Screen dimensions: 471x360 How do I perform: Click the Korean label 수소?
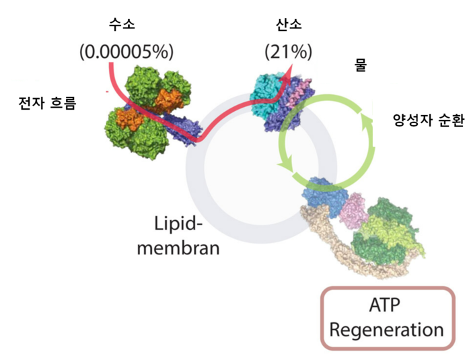122,25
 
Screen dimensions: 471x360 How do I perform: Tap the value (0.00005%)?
126,52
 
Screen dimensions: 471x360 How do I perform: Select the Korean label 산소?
289,25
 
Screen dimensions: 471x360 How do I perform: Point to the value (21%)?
289,52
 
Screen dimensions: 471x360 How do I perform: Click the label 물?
361,65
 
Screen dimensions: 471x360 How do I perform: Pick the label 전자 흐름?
48,103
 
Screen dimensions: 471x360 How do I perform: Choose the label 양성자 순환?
429,120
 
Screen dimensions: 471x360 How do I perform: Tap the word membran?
178,248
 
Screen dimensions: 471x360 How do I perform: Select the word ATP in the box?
384,305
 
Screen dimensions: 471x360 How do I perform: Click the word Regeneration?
387,330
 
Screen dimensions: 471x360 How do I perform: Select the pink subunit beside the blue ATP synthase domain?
354,211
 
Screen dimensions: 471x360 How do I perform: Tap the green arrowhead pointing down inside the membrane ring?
286,166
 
